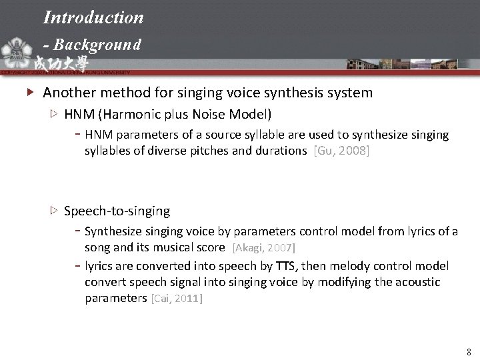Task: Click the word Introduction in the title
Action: pos(93,17)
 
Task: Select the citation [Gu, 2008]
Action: pos(341,151)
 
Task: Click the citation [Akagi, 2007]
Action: pos(263,247)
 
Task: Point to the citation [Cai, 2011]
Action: pos(177,298)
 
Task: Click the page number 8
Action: pos(469,351)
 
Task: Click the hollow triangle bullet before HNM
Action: pos(54,114)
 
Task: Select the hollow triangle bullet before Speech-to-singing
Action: pos(54,211)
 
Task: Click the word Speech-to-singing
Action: pos(117,211)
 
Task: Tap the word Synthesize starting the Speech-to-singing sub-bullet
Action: pos(115,231)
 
